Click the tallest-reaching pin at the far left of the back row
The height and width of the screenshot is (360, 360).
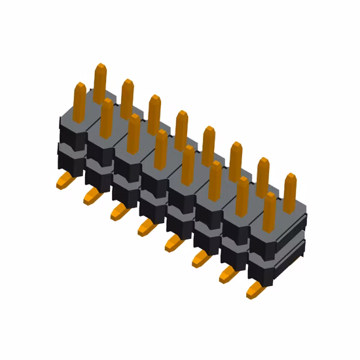100,82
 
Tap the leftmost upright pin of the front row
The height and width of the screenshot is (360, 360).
79,101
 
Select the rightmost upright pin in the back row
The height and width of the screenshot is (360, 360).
290,190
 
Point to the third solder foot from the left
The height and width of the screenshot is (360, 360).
118,211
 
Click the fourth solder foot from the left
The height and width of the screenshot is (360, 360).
145,227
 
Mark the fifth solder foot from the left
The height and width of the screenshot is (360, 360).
173,243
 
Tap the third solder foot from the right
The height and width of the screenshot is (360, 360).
200,259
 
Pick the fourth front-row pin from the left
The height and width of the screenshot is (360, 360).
160,149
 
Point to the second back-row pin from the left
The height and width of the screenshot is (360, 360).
127,97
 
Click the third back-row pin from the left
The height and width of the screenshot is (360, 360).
154,113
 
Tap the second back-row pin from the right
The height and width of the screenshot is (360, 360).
262,175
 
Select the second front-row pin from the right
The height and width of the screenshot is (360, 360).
242,195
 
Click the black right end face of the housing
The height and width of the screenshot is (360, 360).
291,252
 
